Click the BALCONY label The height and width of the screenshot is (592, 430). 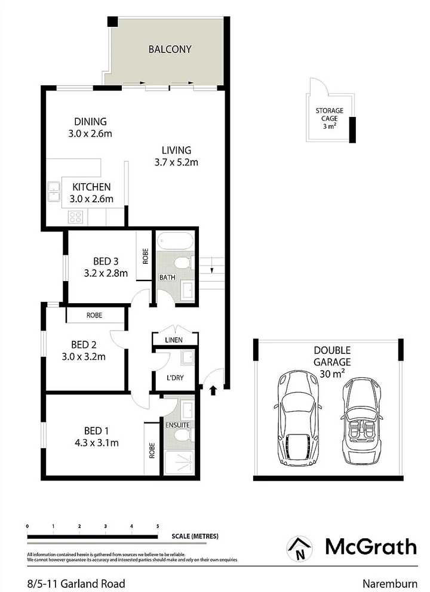click(170, 50)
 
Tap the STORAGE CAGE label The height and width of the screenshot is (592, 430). click(329, 118)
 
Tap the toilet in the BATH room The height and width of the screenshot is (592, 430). click(182, 263)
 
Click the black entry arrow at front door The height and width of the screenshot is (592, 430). click(214, 391)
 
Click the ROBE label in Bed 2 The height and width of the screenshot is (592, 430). click(94, 314)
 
